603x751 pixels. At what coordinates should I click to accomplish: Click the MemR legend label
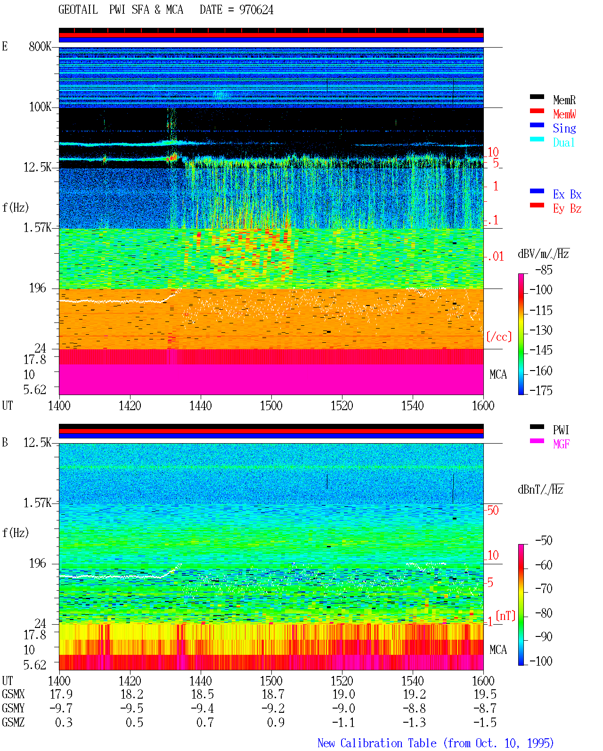pos(564,100)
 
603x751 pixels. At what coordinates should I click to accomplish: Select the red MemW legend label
pos(564,114)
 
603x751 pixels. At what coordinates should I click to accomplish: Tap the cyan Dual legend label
pos(563,142)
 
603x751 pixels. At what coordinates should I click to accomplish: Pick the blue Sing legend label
pos(564,128)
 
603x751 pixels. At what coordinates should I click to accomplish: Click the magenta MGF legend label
pos(561,444)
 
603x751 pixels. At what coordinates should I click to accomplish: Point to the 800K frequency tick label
pos(40,46)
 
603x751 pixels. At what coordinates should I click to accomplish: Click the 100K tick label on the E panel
pos(40,107)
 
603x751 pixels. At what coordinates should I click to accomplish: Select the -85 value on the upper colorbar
pos(543,270)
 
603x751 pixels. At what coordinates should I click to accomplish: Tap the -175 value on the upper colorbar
pos(540,390)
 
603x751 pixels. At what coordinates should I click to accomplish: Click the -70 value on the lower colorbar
pos(543,588)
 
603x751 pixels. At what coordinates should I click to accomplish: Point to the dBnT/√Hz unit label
pos(540,490)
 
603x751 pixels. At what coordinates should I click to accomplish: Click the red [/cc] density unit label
pos(499,337)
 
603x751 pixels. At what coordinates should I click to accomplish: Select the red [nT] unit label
pos(505,616)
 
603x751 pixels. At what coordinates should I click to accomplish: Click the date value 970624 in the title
pos(256,10)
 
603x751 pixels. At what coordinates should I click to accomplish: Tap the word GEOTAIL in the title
pos(78,10)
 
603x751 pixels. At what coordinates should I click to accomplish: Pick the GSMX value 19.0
pos(343,694)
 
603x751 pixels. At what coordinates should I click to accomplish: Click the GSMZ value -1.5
pos(485,722)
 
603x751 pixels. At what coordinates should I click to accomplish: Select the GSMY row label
pos(13,708)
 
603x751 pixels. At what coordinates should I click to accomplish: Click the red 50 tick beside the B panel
pos(493,510)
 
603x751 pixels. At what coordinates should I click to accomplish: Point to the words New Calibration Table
pos(377,743)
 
